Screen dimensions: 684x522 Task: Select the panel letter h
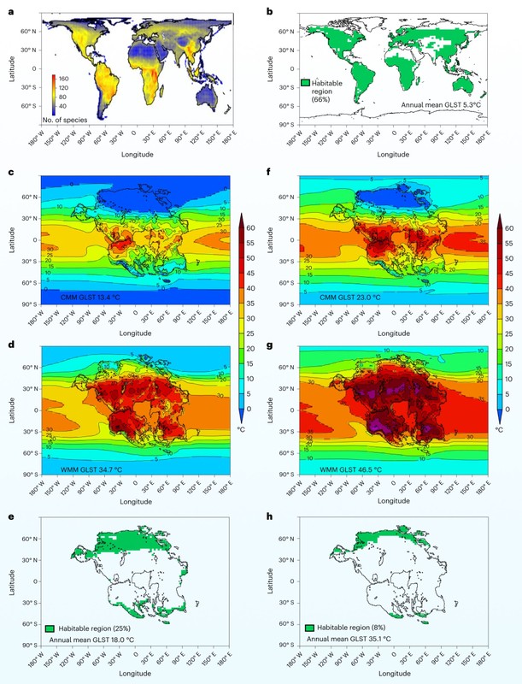(x=269, y=506)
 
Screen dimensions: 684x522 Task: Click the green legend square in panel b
(x=306, y=83)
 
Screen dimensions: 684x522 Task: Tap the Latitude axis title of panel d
(x=9, y=410)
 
